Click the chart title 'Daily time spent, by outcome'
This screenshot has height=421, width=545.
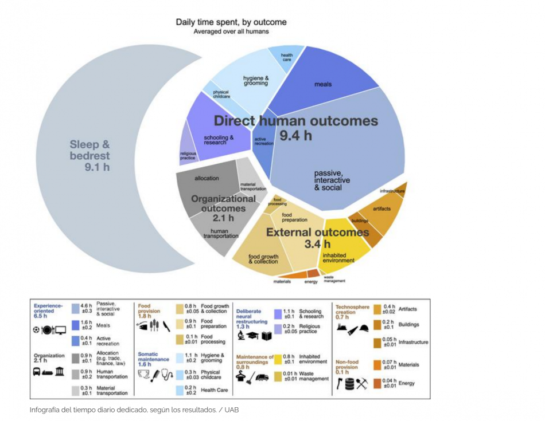231,22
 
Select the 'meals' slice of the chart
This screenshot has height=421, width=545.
323,84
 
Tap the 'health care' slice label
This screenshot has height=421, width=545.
287,58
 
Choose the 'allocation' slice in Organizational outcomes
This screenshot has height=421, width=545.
207,178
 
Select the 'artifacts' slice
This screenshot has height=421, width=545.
381,209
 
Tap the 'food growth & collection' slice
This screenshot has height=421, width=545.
263,259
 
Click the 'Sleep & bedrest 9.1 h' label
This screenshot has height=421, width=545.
90,155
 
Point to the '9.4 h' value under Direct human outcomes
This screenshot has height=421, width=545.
296,136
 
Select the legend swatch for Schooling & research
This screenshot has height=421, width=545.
278,313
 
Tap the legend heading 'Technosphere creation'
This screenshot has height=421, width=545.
352,310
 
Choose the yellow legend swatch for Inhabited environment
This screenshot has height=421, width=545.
278,360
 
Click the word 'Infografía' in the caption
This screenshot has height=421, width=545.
47,410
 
